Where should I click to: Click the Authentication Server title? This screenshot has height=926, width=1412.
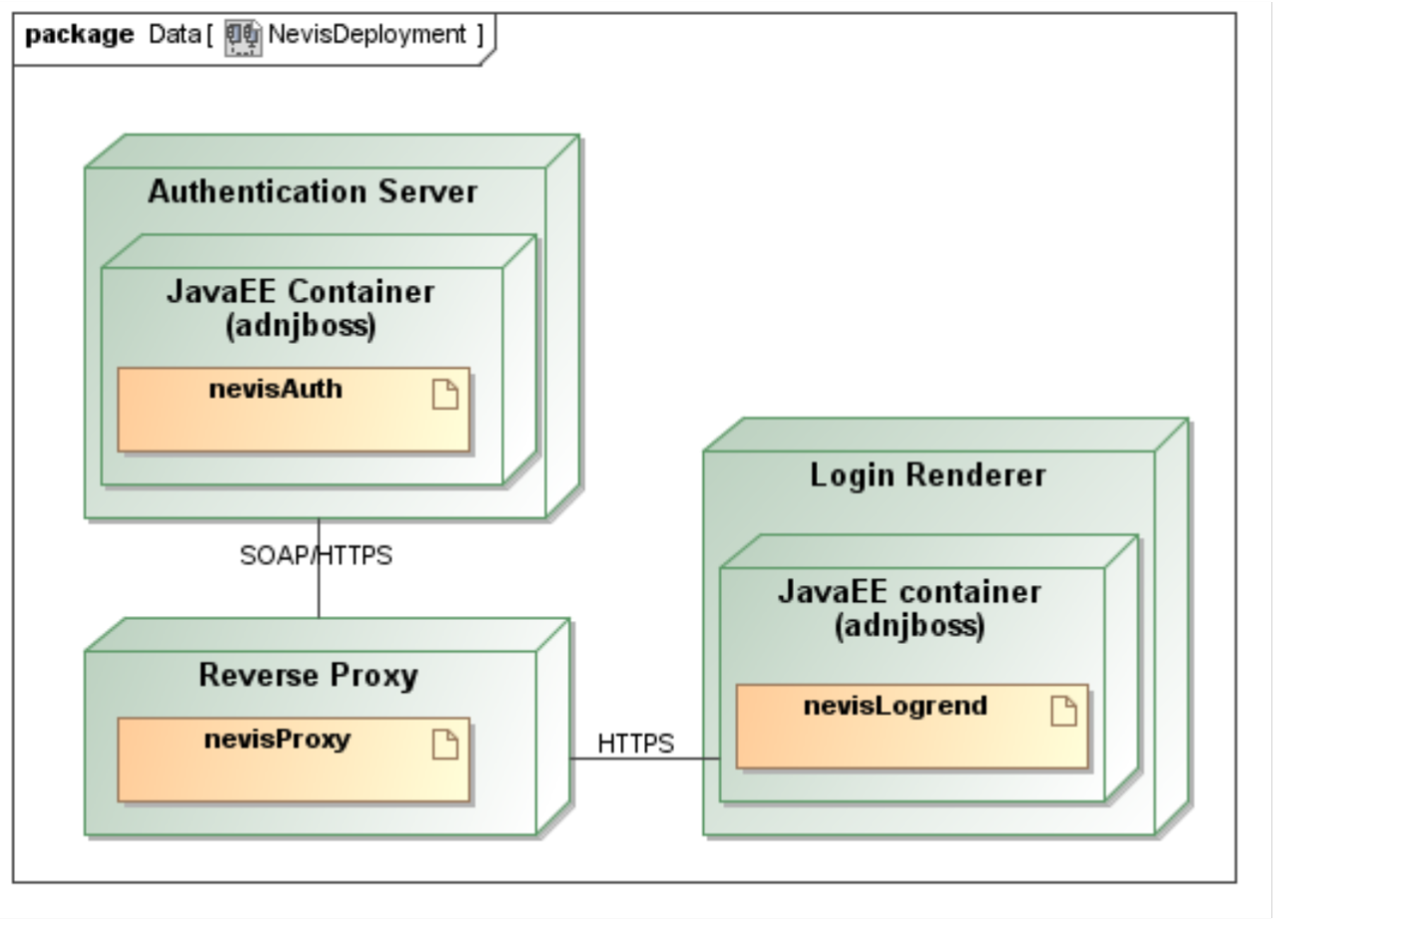[x=313, y=191]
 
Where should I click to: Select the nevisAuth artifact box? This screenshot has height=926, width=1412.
[x=294, y=410]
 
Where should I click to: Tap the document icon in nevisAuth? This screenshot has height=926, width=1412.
[x=445, y=395]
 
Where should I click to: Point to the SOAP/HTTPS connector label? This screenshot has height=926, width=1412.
[x=316, y=555]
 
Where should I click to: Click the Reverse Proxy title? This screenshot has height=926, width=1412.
[x=308, y=675]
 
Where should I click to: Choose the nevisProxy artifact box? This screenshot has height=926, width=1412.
[x=294, y=760]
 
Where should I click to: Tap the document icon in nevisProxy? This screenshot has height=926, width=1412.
[x=445, y=745]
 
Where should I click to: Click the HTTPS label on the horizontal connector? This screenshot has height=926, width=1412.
[x=635, y=744]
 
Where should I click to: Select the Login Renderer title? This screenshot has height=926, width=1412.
[x=928, y=475]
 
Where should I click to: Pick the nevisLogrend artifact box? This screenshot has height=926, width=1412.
[x=912, y=727]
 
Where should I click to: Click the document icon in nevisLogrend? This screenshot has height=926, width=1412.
[x=1063, y=711]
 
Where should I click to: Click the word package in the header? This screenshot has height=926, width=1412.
[x=80, y=35]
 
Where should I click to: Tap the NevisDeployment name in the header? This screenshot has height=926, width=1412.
[x=367, y=34]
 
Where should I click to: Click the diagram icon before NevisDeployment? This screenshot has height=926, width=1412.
[x=242, y=38]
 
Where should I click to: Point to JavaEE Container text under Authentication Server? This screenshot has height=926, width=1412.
[x=301, y=292]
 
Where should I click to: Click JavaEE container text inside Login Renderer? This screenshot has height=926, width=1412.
[x=909, y=592]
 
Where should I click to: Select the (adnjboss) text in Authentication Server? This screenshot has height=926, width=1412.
[x=301, y=326]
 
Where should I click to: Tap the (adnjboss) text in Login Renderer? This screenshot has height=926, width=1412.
[x=909, y=626]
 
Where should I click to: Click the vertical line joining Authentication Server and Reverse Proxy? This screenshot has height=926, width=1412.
[x=319, y=568]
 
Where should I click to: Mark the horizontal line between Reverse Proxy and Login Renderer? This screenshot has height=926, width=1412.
[x=645, y=759]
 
